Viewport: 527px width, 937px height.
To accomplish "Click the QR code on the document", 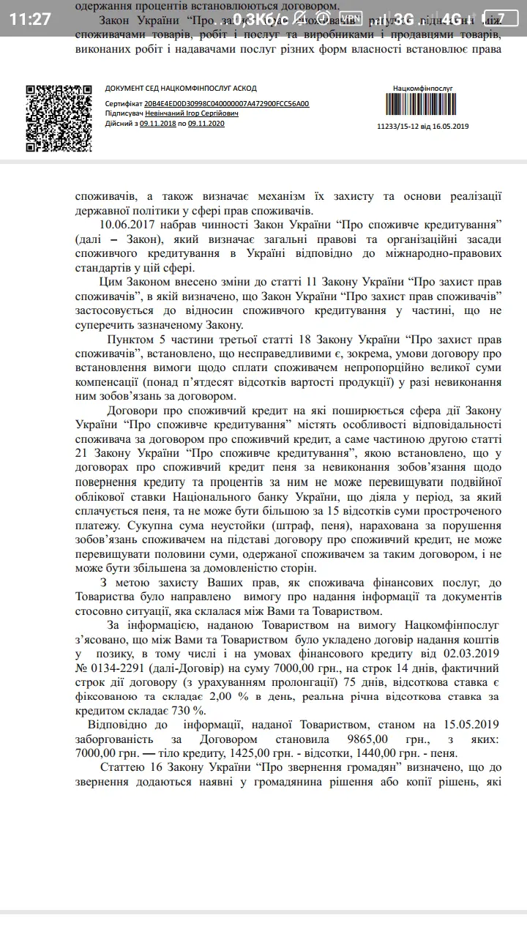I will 59,118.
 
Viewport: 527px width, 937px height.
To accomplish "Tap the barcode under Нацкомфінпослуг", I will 422,105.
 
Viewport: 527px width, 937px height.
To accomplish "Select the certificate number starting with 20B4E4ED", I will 226,104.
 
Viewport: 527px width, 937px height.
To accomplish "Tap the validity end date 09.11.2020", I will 206,124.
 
